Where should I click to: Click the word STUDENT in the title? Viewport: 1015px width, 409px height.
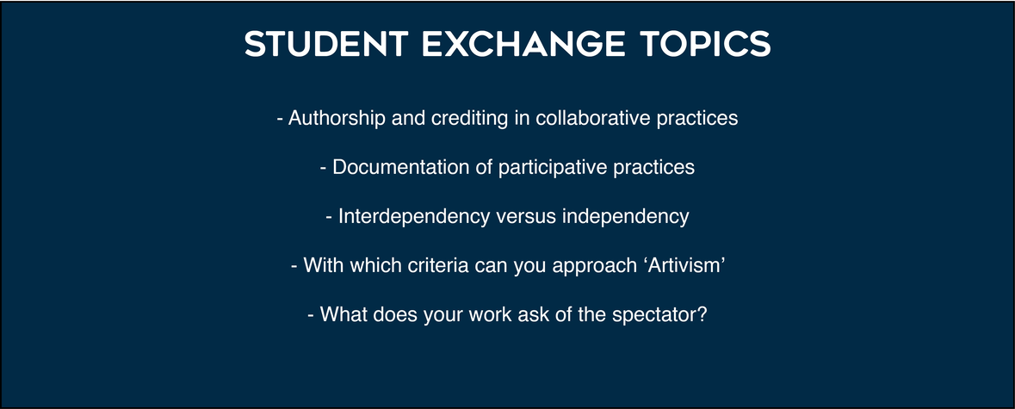pos(325,44)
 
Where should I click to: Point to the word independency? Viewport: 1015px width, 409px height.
pos(625,217)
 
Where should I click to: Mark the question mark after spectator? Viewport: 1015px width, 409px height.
pos(702,314)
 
